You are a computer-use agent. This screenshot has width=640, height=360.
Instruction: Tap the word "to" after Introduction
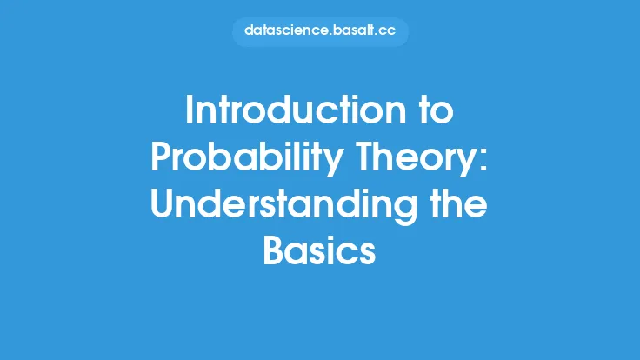(x=437, y=111)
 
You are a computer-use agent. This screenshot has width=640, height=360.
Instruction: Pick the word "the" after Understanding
(x=459, y=203)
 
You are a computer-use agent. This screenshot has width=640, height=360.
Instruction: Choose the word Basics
(x=320, y=250)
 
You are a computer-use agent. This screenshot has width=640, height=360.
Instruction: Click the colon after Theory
(x=483, y=161)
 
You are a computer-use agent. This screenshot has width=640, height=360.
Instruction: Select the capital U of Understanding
(x=163, y=203)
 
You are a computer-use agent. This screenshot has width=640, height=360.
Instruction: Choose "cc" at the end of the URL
(x=388, y=31)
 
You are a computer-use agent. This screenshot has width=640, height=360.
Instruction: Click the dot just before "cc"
(x=377, y=35)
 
